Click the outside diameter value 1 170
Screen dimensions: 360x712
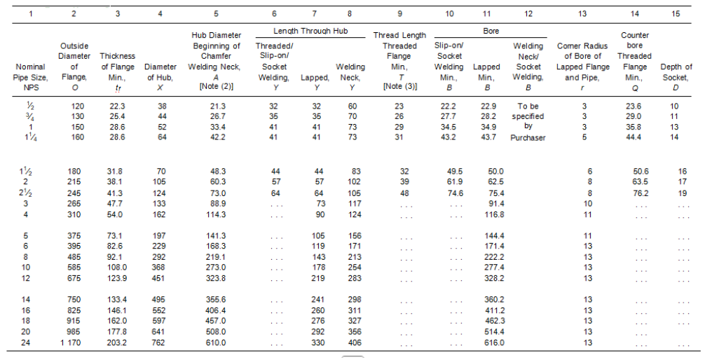73,342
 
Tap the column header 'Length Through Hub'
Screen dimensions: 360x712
310,32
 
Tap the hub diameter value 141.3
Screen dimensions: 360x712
215,235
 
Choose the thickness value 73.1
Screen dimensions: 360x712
116,235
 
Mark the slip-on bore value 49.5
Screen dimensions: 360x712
455,172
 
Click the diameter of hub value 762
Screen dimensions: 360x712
160,342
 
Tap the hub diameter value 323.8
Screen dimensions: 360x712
215,278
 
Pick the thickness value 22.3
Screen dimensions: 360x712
116,106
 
